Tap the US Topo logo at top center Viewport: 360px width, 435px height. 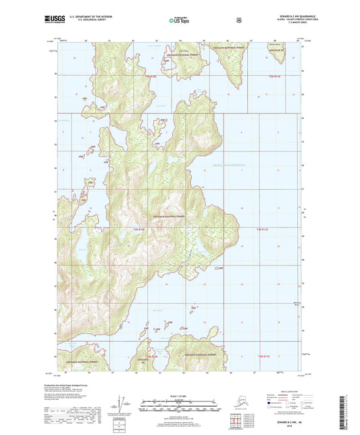tap(179, 21)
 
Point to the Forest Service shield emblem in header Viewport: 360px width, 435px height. tap(238, 20)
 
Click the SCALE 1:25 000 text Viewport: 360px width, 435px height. tap(178, 395)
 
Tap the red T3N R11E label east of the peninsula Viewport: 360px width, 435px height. tap(262, 230)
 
